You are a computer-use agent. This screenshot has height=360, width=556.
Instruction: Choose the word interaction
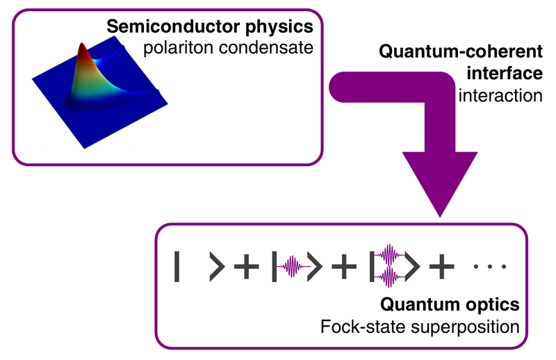click(x=500, y=95)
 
